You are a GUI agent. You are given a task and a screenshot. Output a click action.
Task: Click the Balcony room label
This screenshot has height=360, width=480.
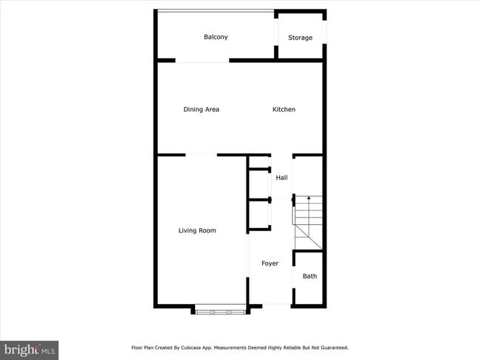(216, 37)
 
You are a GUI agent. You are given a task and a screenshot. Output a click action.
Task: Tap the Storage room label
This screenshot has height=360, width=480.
(300, 38)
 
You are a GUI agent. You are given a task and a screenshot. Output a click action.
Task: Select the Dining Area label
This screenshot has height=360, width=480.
(201, 110)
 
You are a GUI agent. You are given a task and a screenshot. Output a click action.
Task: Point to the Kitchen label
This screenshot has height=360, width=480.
(284, 110)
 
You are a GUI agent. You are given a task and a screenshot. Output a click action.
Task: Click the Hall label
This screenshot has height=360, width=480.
(281, 178)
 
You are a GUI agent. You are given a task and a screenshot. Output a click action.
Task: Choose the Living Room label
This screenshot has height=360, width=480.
(197, 231)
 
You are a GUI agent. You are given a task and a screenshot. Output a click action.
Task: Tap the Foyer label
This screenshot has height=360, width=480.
(270, 263)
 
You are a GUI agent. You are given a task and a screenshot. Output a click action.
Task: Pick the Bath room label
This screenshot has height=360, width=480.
(309, 277)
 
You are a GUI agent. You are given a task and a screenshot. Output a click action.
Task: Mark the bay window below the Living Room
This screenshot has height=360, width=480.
(219, 311)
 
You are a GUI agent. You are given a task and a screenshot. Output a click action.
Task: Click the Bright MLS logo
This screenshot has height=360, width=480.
(30, 348)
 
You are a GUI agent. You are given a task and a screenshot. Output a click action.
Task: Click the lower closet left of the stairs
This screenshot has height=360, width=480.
(258, 214)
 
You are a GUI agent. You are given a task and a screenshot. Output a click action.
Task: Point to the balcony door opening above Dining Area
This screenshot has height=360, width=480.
(202, 62)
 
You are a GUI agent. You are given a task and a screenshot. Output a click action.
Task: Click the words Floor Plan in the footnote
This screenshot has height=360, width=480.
(144, 347)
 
